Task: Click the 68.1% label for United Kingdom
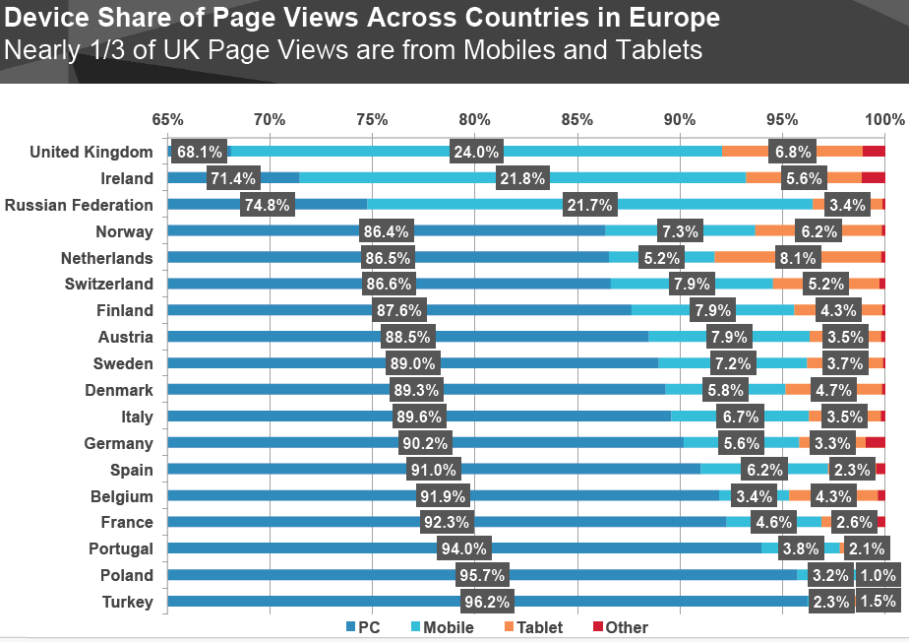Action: coord(199,152)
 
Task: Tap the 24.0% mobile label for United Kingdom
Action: coord(476,152)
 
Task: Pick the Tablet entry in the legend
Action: coord(534,627)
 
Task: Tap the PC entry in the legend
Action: coord(362,627)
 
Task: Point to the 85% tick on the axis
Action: coord(576,120)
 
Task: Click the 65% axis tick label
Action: coord(167,120)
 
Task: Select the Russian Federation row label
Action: coord(79,205)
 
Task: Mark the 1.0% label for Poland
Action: coord(878,575)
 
